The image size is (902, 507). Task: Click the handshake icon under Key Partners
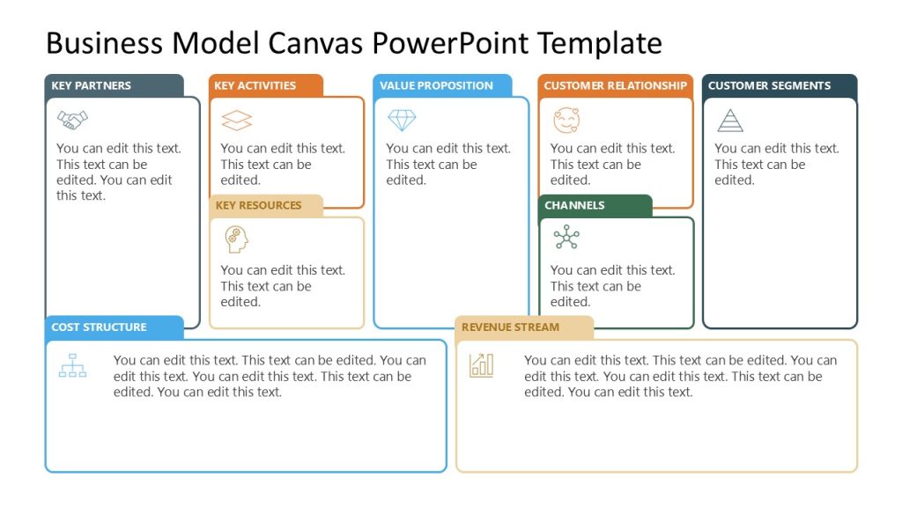tap(72, 119)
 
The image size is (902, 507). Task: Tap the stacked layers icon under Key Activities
tap(236, 120)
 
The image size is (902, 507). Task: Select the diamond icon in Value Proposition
tap(402, 120)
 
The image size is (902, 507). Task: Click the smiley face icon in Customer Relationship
tap(566, 120)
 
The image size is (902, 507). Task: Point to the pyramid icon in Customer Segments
tap(729, 120)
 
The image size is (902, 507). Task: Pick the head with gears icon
tap(236, 239)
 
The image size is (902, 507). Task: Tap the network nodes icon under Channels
tap(566, 237)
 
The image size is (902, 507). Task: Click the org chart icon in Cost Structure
tap(72, 364)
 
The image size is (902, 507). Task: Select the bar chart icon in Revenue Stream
tap(482, 364)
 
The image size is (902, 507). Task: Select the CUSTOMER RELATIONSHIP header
tap(615, 85)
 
